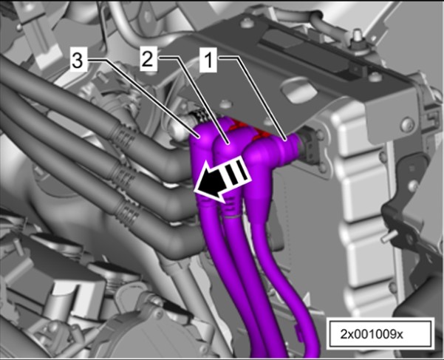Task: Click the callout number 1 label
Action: (x=208, y=60)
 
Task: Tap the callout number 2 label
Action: (x=148, y=60)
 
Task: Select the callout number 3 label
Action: (x=77, y=61)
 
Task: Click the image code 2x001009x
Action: (x=371, y=335)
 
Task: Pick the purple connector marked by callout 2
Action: (x=228, y=147)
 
